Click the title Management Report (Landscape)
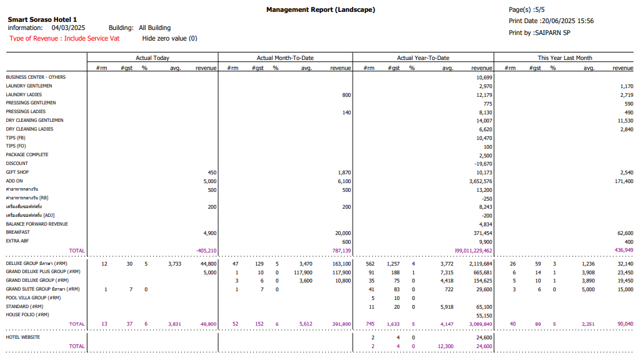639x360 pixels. [321, 9]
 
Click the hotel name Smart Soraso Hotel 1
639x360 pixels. [42, 19]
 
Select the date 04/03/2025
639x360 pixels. [68, 28]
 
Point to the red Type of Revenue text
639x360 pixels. [64, 39]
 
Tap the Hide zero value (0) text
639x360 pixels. [169, 39]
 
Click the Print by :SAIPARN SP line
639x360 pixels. [539, 32]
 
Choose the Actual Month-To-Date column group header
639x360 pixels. [285, 58]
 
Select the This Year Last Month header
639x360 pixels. [565, 58]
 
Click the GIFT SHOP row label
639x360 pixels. [18, 172]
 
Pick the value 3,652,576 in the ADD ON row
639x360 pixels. [480, 181]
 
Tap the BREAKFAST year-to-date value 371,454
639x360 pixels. [481, 232]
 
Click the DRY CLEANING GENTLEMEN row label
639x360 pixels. [34, 120]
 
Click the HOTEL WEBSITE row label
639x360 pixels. [23, 337]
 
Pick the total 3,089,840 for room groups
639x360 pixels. [478, 324]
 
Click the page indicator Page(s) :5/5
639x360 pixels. [527, 9]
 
